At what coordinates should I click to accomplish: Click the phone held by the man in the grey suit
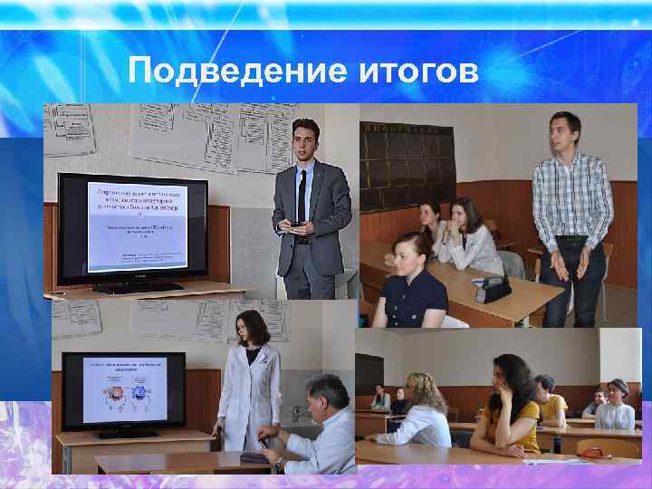point(295,223)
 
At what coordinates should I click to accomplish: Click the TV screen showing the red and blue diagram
point(124,389)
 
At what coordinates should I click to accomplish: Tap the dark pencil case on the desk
point(494,289)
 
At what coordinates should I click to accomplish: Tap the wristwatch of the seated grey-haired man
point(279,463)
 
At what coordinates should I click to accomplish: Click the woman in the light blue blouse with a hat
point(617,407)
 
